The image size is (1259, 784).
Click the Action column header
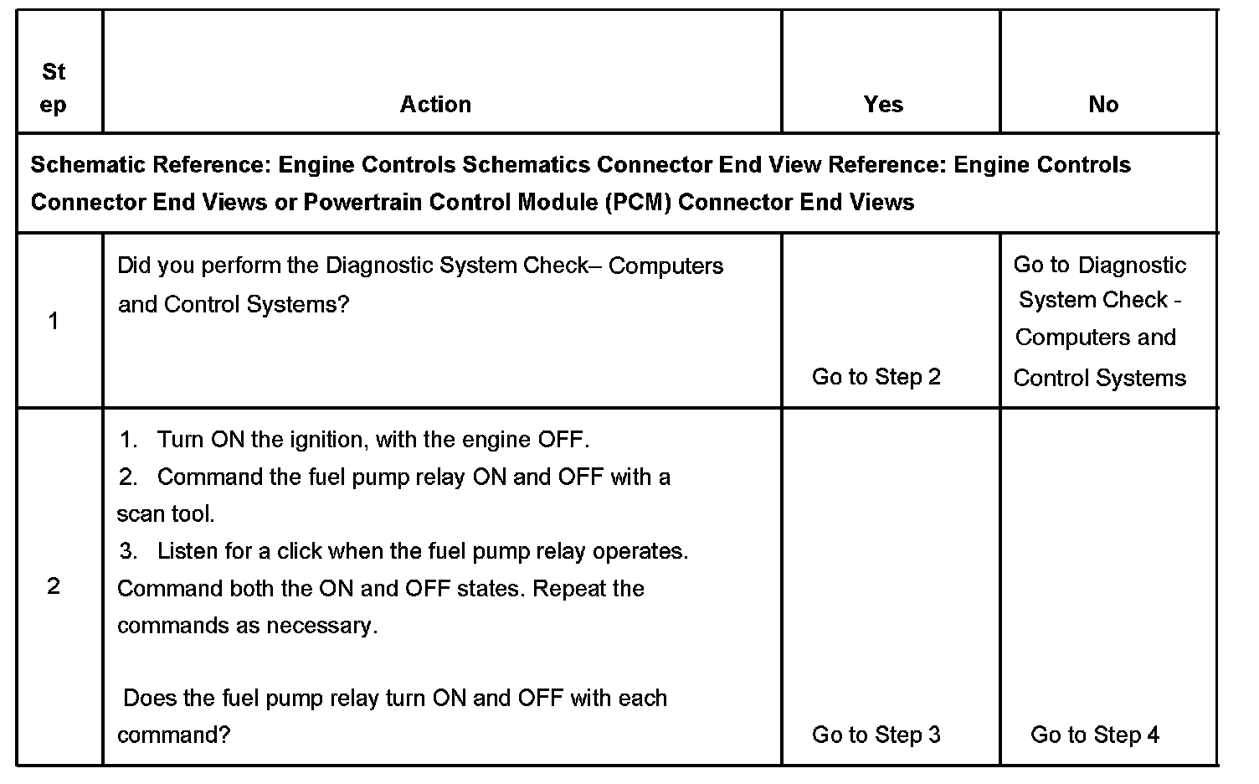435,105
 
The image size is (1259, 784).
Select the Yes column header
883,105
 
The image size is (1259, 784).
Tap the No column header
1103,105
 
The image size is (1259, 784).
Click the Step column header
54,88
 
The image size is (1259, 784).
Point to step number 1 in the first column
54,322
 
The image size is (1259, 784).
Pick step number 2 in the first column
54,586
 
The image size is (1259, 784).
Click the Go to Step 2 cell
876,377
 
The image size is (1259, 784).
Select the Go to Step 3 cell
876,735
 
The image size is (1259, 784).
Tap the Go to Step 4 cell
1094,735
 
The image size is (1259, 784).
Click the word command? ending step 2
173,735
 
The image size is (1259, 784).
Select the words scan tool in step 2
165,513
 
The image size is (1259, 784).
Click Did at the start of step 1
134,266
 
